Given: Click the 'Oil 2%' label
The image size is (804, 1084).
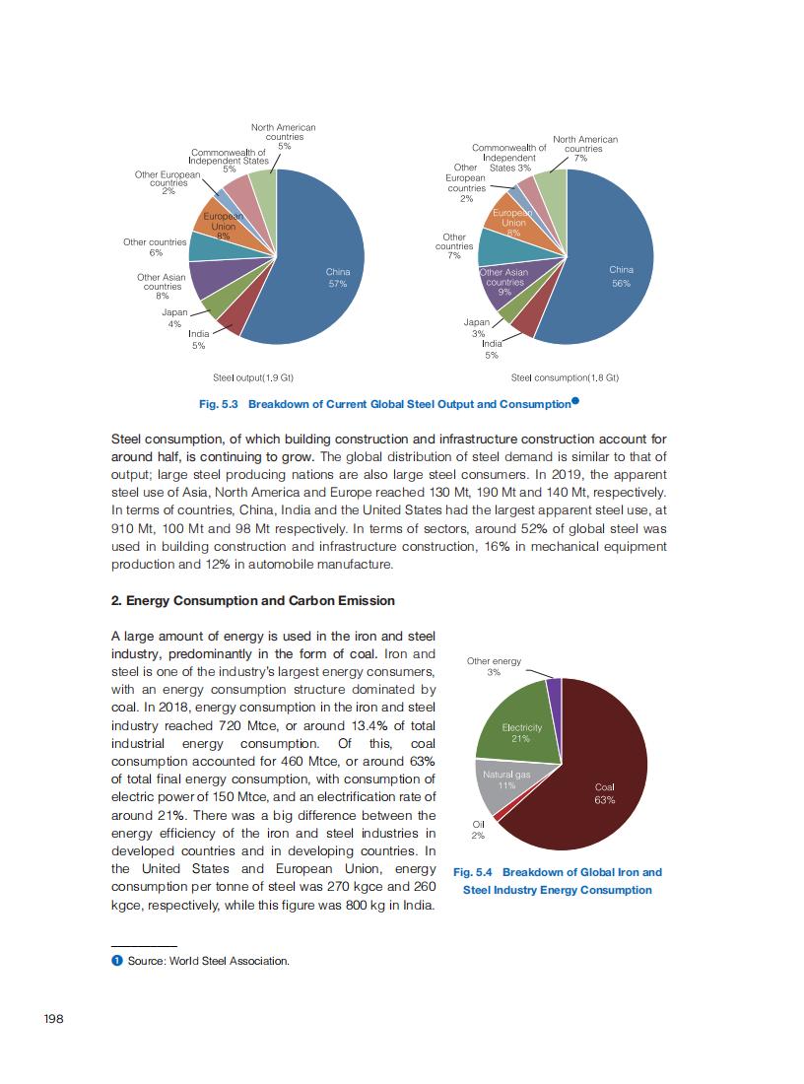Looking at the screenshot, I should tap(478, 830).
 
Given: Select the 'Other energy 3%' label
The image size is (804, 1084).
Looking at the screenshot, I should tap(494, 666).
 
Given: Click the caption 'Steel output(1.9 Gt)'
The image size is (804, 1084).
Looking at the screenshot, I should tap(254, 377).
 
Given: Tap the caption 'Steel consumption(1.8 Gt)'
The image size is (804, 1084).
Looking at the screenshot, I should tap(565, 377).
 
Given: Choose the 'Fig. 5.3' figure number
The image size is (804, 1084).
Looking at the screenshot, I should tap(219, 404).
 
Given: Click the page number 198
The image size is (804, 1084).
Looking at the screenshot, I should tap(54, 1019).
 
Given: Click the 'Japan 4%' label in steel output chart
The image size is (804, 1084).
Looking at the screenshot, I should tap(174, 317).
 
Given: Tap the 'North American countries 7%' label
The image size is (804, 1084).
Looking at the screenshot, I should tap(585, 148).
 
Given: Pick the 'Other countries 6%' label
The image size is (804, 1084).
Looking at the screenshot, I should tap(155, 246).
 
